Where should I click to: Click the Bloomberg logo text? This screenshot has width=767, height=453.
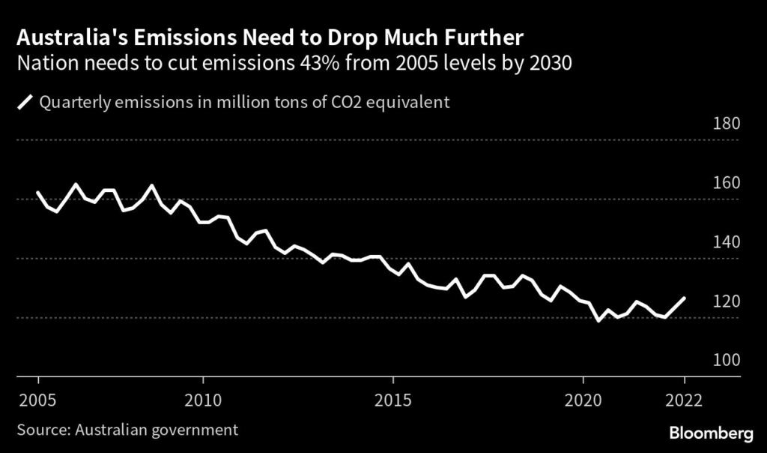(x=710, y=433)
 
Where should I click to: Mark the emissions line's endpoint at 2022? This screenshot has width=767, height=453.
(x=684, y=298)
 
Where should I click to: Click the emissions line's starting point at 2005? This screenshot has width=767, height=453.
(x=37, y=193)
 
